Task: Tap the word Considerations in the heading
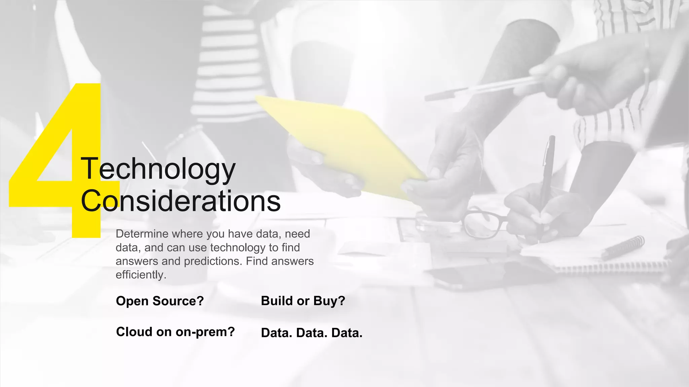pyautogui.click(x=181, y=201)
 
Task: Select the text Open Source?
pyautogui.click(x=160, y=301)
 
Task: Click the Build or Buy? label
pyautogui.click(x=303, y=301)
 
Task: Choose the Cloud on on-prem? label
pyautogui.click(x=175, y=332)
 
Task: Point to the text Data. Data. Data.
pyautogui.click(x=312, y=333)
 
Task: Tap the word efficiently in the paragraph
pyautogui.click(x=140, y=275)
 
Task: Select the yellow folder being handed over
pyautogui.click(x=340, y=144)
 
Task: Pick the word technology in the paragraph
pyautogui.click(x=238, y=248)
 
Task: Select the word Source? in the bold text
pyautogui.click(x=178, y=301)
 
